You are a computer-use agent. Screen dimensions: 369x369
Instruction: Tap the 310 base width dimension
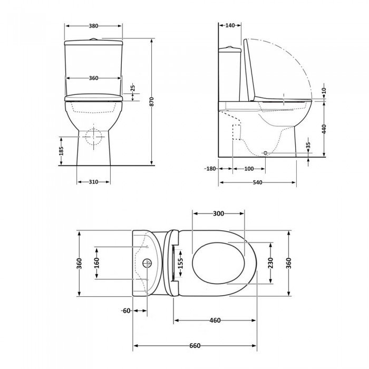pyautogui.click(x=93, y=182)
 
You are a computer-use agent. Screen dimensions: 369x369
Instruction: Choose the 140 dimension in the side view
pyautogui.click(x=230, y=26)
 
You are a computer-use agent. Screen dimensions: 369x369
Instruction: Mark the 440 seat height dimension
pyautogui.click(x=324, y=129)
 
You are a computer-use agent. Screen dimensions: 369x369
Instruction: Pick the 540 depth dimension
pyautogui.click(x=258, y=182)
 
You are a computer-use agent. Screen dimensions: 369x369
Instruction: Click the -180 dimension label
pyautogui.click(x=210, y=169)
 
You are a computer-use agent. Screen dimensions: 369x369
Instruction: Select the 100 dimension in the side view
pyautogui.click(x=249, y=169)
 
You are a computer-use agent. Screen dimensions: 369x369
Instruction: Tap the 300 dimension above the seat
pyautogui.click(x=219, y=213)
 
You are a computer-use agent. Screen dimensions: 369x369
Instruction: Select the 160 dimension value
pyautogui.click(x=96, y=263)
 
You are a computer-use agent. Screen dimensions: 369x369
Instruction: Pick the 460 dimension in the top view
pyautogui.click(x=215, y=321)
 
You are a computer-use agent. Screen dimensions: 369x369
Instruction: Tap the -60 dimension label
pyautogui.click(x=125, y=310)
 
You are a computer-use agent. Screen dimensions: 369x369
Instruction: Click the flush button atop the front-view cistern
pyautogui.click(x=93, y=38)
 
